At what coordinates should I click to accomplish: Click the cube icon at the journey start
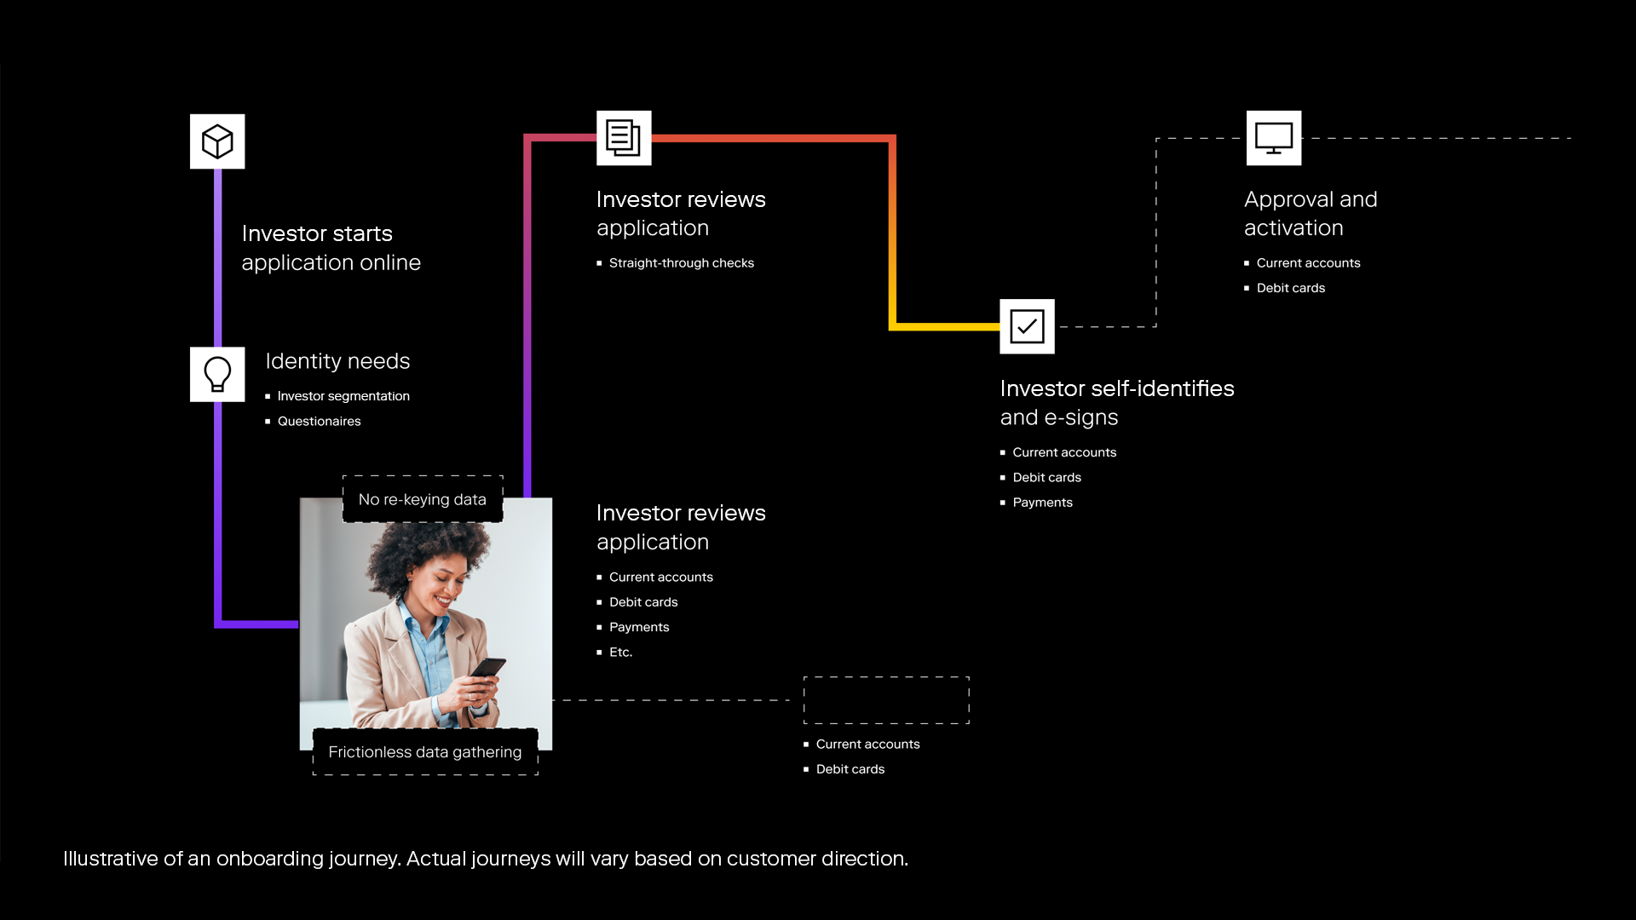pos(217,141)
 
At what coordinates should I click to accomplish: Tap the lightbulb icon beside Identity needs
pos(217,374)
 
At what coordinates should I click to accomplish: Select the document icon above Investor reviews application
pos(624,138)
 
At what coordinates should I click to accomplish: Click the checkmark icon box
pos(1027,326)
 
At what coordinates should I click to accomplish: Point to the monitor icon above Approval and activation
pos(1274,138)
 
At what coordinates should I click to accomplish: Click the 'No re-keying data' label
pos(423,499)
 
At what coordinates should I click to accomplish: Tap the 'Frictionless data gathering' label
pos(425,752)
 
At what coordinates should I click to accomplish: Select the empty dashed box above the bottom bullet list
pos(886,700)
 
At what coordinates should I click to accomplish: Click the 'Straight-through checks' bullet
pos(681,263)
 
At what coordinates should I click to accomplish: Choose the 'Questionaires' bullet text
pos(319,421)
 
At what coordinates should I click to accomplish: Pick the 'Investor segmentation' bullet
pos(343,396)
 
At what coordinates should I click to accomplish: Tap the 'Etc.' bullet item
pos(620,653)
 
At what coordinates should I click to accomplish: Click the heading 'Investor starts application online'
pos(331,248)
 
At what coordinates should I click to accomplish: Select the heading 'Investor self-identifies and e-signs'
pos(1116,403)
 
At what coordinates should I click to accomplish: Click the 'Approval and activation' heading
pos(1310,214)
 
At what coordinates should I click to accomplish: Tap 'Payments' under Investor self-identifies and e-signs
pos(1042,503)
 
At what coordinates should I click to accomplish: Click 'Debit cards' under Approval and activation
pos(1290,288)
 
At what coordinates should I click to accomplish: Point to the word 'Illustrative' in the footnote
pos(111,859)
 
